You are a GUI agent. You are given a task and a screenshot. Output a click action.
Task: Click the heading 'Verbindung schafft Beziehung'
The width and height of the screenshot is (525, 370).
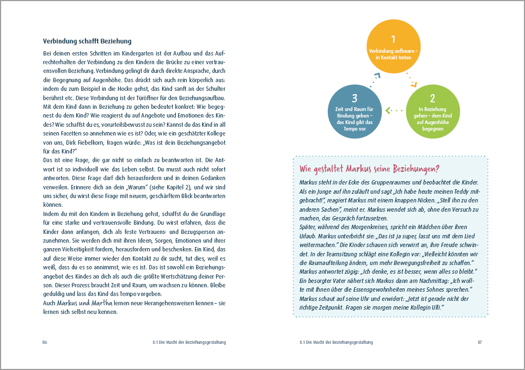coord(87,41)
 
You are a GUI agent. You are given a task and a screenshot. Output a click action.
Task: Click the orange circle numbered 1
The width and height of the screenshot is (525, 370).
coord(393,47)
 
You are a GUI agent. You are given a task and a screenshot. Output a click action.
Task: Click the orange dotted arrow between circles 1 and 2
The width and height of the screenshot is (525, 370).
coord(411,80)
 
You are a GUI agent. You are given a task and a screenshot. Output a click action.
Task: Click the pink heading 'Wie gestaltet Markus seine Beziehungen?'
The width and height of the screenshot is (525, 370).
coord(370,168)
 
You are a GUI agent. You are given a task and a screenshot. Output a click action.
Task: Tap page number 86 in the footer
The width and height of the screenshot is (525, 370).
coord(45,342)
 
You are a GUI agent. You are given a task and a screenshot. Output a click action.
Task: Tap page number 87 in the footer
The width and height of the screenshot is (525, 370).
coord(480,342)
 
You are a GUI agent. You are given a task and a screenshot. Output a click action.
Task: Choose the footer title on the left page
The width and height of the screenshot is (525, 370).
coord(190,342)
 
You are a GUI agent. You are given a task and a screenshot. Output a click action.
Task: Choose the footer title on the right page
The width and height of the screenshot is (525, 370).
coord(336,342)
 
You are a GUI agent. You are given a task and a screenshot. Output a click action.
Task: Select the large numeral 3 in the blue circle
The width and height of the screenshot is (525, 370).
coord(355,98)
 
